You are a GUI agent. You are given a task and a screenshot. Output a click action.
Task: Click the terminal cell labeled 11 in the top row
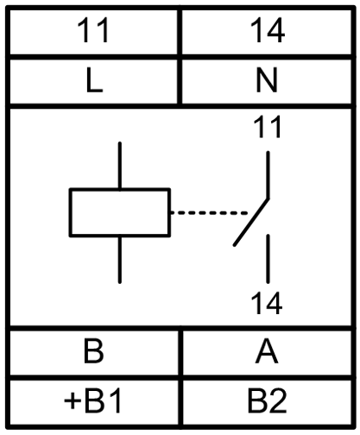click(94, 31)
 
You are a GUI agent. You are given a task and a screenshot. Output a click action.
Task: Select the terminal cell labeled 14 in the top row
click(267, 31)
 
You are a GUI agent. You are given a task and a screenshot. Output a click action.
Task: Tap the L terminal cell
click(94, 81)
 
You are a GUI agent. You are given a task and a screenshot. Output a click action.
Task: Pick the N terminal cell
click(267, 81)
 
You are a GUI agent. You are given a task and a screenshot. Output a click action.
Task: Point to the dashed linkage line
click(209, 213)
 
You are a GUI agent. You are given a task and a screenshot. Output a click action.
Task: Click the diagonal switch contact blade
click(251, 222)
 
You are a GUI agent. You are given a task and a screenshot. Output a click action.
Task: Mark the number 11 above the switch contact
click(268, 127)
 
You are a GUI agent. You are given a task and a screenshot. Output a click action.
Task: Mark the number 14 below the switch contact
click(267, 303)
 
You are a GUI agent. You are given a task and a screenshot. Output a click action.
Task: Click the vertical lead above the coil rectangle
click(120, 165)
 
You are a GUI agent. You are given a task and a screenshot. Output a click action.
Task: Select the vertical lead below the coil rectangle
click(120, 260)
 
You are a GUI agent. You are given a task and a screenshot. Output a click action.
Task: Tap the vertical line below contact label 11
click(268, 174)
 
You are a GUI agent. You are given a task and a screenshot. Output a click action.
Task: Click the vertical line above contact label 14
click(268, 259)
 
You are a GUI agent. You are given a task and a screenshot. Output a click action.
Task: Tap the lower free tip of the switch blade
click(235, 245)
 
